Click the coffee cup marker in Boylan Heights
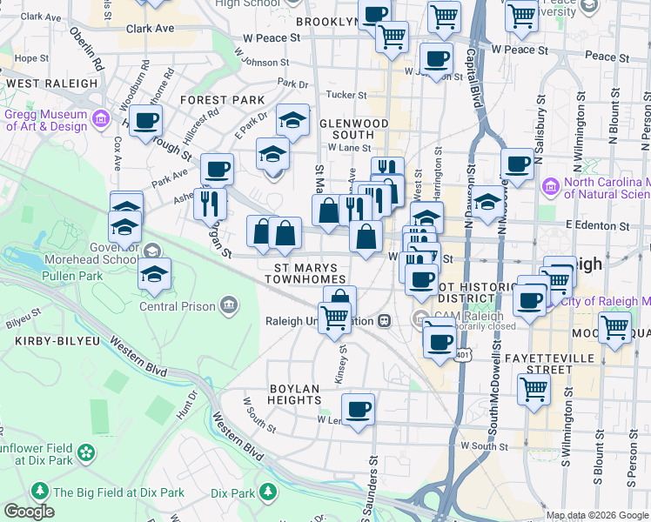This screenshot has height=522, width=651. [x=358, y=409]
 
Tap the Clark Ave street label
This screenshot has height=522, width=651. [x=150, y=28]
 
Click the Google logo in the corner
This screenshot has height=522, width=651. [x=29, y=511]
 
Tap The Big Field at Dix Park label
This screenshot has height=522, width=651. [x=118, y=492]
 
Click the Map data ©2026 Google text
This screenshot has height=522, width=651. [x=597, y=515]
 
